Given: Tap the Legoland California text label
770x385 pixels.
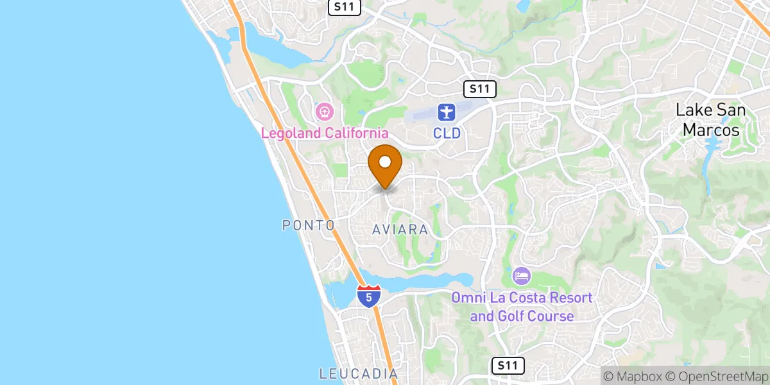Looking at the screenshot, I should [x=325, y=133].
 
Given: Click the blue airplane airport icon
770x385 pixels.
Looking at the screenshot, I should [x=446, y=113].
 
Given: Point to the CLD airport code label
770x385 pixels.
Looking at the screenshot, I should [x=446, y=133].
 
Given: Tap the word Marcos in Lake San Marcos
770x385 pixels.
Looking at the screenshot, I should [x=710, y=130].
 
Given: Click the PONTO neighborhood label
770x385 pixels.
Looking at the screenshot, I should [x=309, y=225].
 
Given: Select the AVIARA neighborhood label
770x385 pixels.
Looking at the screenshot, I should [x=400, y=229].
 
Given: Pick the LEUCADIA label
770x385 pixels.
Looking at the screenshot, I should [x=358, y=373].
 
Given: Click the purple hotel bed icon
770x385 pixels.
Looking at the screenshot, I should [x=522, y=277].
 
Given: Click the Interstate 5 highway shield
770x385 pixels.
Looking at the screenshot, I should [x=369, y=296].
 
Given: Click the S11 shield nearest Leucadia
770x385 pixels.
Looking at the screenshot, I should [x=508, y=366].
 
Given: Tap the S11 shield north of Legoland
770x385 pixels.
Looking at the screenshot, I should [x=345, y=7].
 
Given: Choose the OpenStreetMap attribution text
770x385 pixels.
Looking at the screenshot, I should [x=717, y=375].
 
